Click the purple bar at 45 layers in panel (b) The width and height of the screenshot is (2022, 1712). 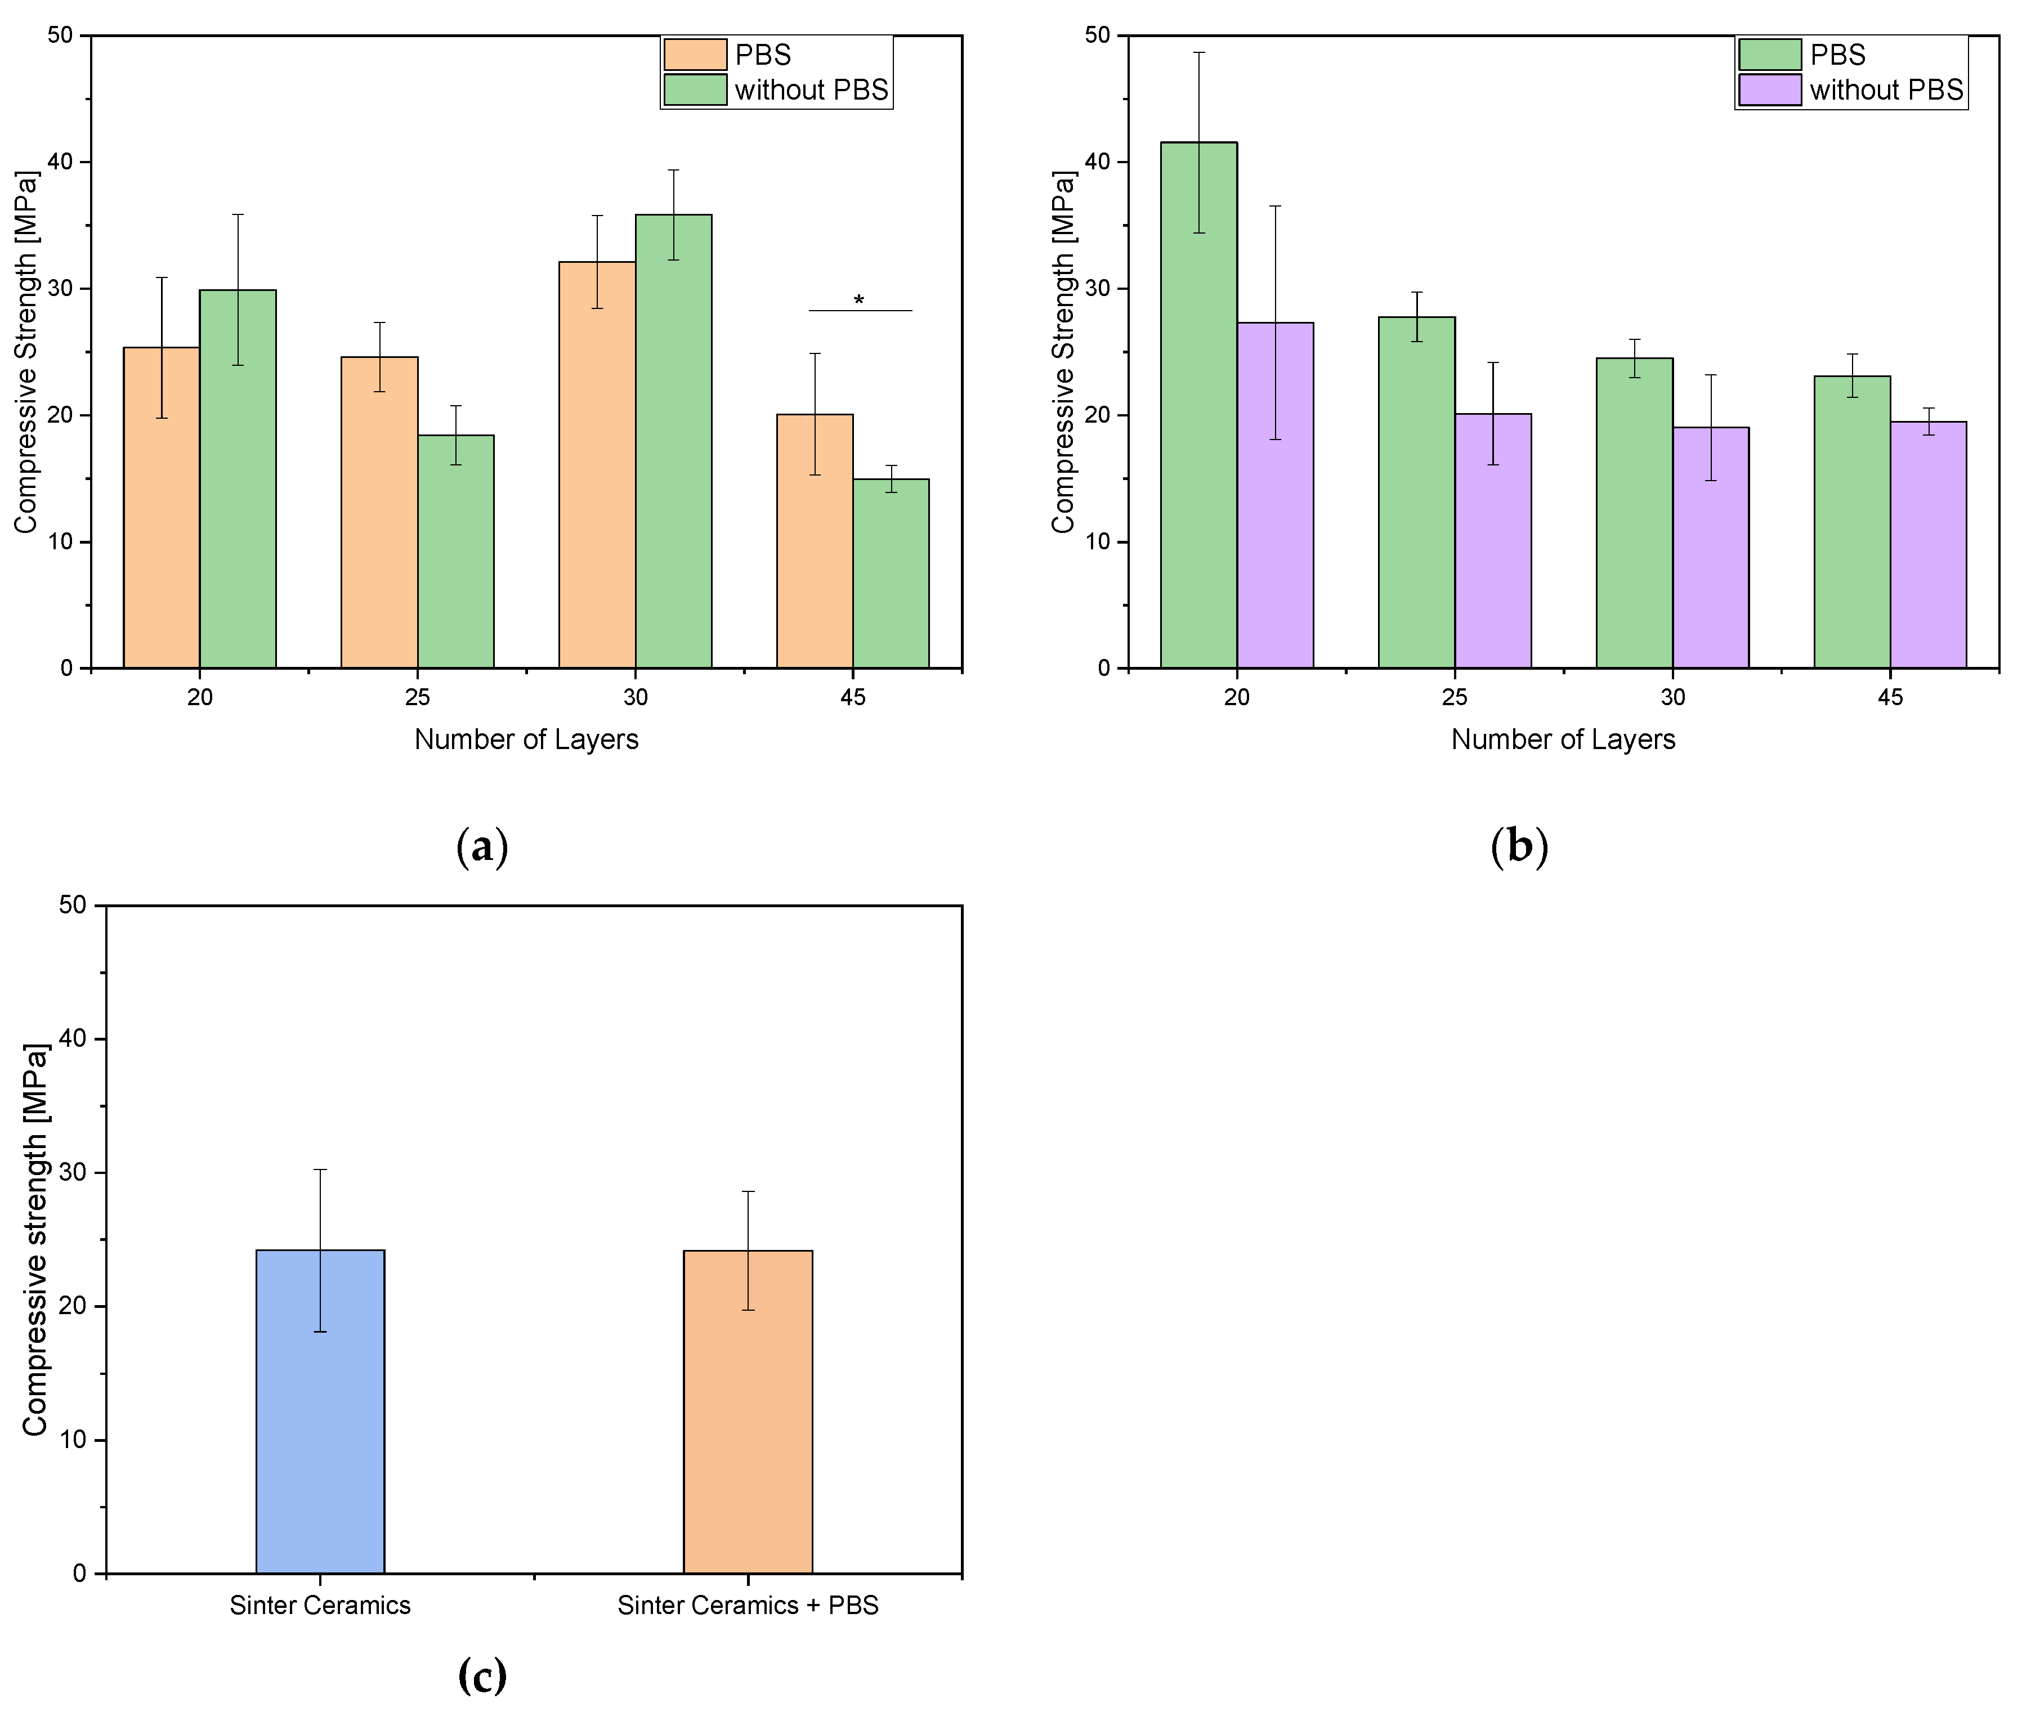(1928, 544)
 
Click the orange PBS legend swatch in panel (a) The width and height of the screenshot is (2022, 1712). (695, 55)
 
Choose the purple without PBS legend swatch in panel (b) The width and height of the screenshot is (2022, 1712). (1770, 89)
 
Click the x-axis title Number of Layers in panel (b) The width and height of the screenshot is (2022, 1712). (1562, 740)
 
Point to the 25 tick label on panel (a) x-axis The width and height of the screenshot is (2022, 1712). (418, 697)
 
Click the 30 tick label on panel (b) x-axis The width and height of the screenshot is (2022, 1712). (1672, 697)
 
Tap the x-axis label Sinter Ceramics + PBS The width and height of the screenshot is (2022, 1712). (748, 1605)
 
